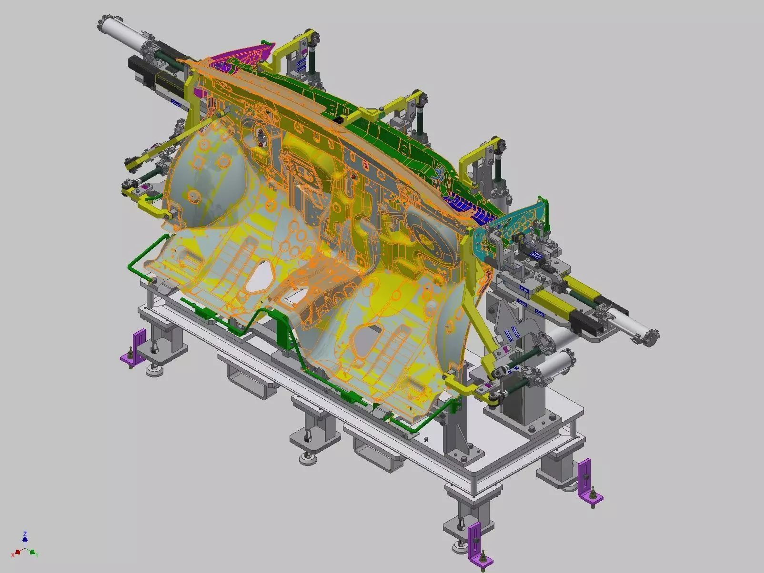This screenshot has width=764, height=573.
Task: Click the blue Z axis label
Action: pos(25,534)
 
